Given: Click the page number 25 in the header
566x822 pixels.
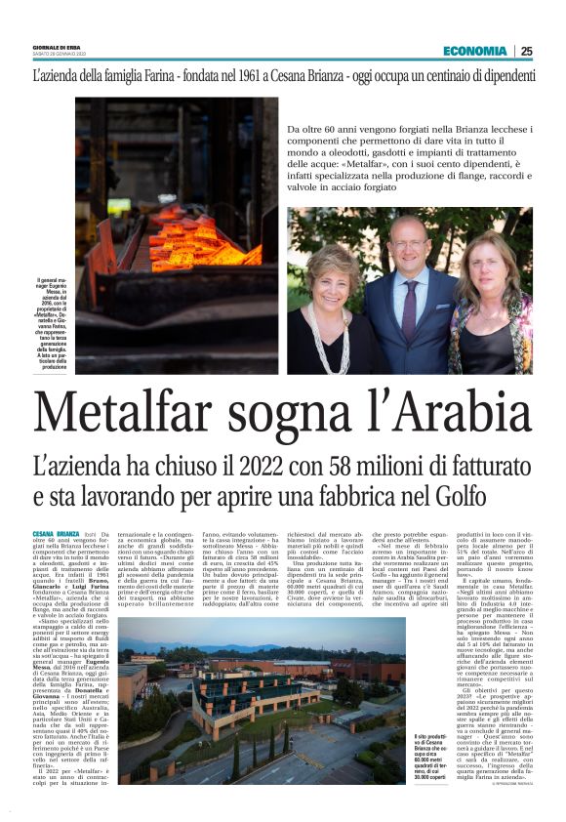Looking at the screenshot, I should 527,51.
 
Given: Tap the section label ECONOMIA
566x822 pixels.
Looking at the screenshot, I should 474,51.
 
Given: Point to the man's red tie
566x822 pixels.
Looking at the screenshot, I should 409,293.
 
